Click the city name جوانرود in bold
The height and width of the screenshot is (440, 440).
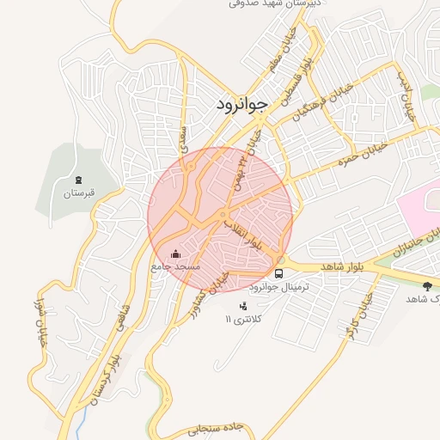pos(240,103)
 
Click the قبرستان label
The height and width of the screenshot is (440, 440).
pos(76,193)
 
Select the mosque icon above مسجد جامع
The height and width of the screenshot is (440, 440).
pos(176,254)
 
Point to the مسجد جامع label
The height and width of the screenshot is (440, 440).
pos(175,267)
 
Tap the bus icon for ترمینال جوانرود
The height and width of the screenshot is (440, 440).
pos(278,272)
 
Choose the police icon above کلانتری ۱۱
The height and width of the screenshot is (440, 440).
pos(243,305)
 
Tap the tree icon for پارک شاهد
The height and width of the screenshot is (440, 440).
pos(428,285)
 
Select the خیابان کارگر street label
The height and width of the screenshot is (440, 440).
pos(362,320)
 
